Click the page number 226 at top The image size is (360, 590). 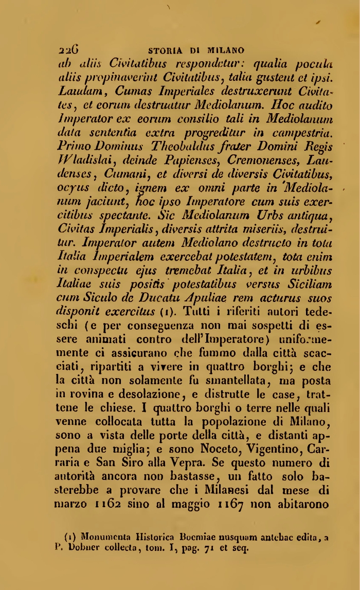pyautogui.click(x=68, y=50)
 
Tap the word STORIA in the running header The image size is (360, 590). pyautogui.click(x=164, y=51)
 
